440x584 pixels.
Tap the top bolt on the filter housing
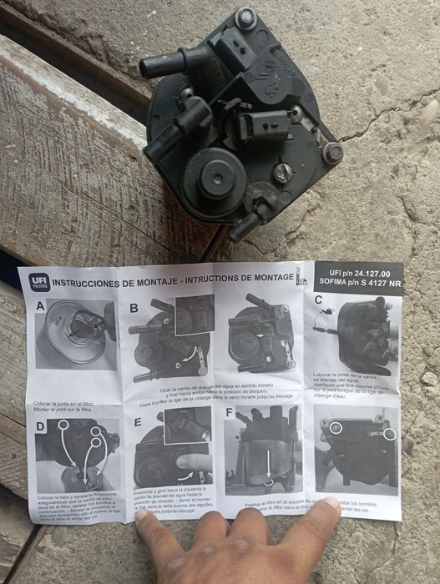[x=245, y=17]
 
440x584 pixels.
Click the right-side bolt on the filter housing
[x=332, y=152]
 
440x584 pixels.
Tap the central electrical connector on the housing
[x=253, y=127]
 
